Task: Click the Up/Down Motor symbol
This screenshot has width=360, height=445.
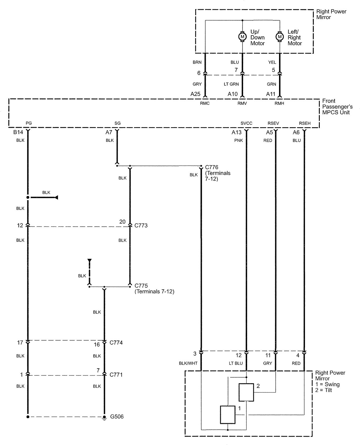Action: [x=242, y=37]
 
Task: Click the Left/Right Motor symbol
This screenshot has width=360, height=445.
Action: [x=280, y=37]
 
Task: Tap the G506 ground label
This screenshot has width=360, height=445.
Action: [x=117, y=417]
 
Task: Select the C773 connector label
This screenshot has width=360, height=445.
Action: [x=141, y=226]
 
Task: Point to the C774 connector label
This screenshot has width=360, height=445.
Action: [x=116, y=343]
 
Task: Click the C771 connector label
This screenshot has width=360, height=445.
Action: [x=116, y=375]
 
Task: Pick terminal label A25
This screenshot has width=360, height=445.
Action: [x=195, y=94]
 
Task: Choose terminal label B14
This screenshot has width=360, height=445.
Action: [x=18, y=132]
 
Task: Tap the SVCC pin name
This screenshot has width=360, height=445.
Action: [x=246, y=123]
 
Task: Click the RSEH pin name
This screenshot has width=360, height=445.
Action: [x=305, y=123]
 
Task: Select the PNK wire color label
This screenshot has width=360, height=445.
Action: [x=238, y=140]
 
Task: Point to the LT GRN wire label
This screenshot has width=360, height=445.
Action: [x=231, y=84]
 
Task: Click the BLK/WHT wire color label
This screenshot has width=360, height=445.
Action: [x=188, y=363]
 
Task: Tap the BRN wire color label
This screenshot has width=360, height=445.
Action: [x=197, y=62]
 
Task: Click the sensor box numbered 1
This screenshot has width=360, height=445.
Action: [x=228, y=415]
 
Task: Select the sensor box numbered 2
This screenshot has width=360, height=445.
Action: [x=246, y=392]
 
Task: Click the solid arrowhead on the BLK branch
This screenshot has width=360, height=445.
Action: [x=56, y=198]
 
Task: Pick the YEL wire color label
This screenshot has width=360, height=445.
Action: [x=272, y=62]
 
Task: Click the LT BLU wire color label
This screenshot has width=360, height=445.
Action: [x=236, y=363]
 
